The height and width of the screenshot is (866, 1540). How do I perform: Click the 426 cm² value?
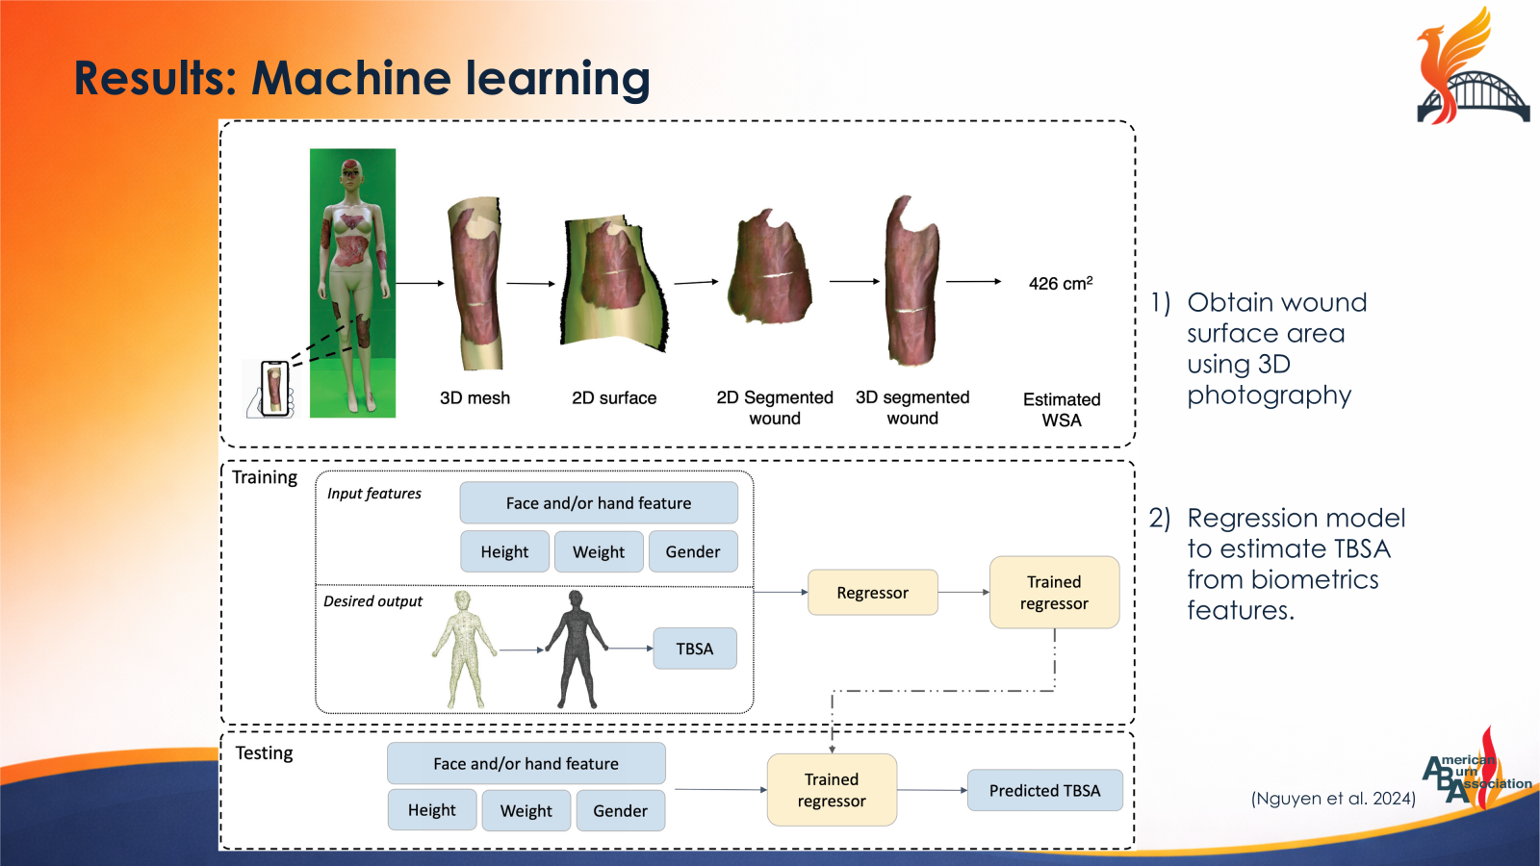click(1060, 283)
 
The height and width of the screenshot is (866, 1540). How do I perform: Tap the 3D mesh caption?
click(475, 397)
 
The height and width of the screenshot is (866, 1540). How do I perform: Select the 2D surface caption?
click(614, 397)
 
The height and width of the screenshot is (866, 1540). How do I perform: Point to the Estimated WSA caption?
click(1062, 409)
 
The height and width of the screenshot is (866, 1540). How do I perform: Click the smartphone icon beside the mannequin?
click(275, 388)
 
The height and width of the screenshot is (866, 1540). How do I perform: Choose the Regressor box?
click(872, 593)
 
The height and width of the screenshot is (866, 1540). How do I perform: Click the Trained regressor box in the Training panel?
click(1054, 593)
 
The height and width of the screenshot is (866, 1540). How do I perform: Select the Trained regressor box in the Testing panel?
click(832, 790)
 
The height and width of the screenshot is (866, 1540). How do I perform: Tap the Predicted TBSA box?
click(1044, 790)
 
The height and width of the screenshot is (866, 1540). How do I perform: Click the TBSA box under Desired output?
click(694, 649)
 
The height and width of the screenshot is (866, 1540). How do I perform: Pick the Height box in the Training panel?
click(504, 551)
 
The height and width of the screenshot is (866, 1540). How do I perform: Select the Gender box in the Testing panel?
click(620, 810)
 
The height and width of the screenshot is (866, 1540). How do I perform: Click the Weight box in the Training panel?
click(598, 551)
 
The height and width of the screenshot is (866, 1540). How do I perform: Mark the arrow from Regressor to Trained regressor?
click(963, 592)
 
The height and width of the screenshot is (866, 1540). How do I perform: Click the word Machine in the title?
click(349, 78)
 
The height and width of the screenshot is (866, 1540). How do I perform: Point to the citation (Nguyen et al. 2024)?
click(1333, 798)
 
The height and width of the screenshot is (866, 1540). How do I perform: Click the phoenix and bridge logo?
click(1471, 67)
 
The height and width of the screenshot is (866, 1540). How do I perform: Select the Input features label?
click(374, 494)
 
